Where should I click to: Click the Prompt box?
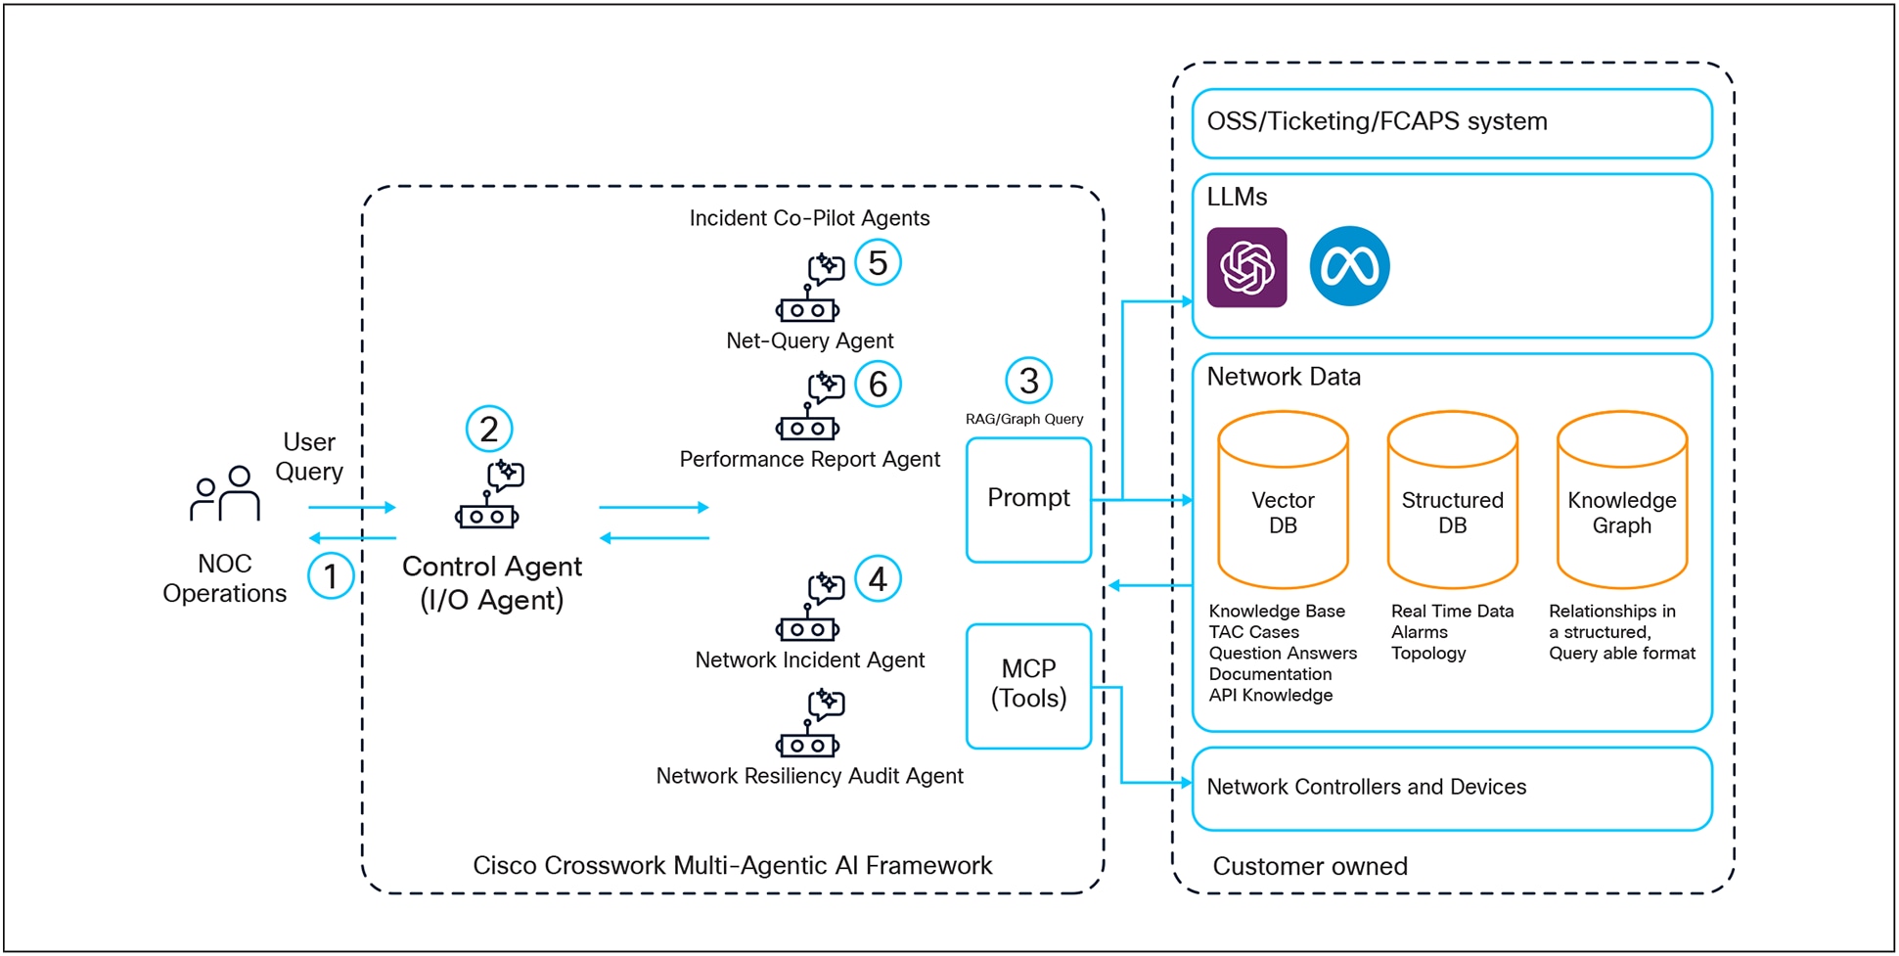click(1028, 499)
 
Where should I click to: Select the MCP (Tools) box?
click(1028, 685)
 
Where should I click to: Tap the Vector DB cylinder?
click(1283, 500)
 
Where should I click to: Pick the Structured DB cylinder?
click(1452, 500)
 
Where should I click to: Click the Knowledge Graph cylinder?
click(1621, 500)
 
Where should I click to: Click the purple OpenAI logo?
click(1246, 267)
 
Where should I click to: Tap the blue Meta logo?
click(1349, 266)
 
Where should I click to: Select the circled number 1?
click(331, 576)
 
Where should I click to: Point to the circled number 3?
click(1028, 381)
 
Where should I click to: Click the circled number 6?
click(878, 385)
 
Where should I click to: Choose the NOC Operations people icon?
click(226, 493)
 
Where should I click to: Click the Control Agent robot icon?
click(489, 496)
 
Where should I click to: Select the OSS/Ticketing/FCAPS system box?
click(1451, 122)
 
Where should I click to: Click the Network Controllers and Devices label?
click(1366, 787)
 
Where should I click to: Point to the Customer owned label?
click(1309, 866)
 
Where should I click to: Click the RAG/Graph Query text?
click(1023, 419)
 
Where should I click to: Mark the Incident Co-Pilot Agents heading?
click(809, 218)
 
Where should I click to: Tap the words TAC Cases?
click(1253, 632)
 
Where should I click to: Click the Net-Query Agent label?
click(809, 341)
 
